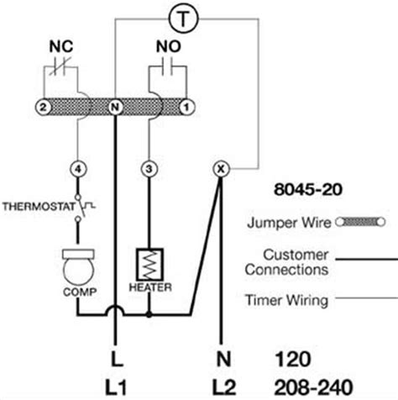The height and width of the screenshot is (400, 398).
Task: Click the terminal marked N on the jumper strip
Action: pos(115,107)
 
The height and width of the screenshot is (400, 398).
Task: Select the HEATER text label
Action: pos(150,287)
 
